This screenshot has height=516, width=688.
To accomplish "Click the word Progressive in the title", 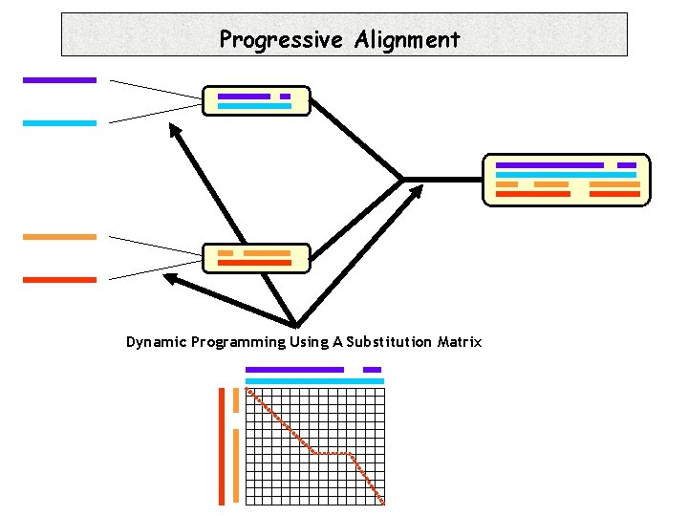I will [x=282, y=40].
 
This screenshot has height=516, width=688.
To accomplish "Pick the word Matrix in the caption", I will [x=460, y=342].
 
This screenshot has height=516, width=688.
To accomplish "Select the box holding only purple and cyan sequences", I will [x=256, y=101].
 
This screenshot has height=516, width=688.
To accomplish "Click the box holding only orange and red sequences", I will [x=256, y=258].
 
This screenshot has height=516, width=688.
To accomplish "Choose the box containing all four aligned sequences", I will [x=567, y=180].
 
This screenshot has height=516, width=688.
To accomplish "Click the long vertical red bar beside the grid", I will [x=222, y=445].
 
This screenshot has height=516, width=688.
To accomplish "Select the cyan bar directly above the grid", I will [x=314, y=381].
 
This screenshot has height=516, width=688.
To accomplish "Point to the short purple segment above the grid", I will [x=372, y=370].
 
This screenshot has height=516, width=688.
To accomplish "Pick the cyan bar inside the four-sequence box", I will [x=567, y=175].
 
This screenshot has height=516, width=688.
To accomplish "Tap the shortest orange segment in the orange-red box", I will [x=226, y=253].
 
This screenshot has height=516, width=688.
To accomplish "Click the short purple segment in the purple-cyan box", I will [x=285, y=97].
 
